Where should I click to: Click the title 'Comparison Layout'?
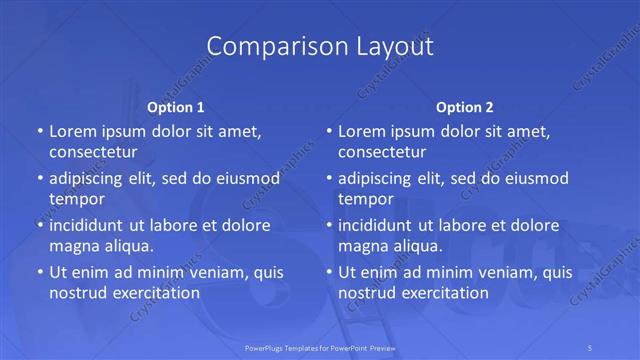[x=320, y=47]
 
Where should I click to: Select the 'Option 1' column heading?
[x=176, y=107]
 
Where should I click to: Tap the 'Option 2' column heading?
[x=465, y=107]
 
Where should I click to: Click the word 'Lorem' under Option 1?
[x=72, y=131]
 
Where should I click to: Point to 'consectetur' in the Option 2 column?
[x=382, y=152]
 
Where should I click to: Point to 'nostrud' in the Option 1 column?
[x=77, y=293]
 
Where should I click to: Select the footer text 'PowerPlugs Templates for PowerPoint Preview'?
[x=319, y=348]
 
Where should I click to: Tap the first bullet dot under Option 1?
[x=39, y=131]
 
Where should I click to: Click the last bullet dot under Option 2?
[x=328, y=272]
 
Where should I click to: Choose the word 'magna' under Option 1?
[x=73, y=246]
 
